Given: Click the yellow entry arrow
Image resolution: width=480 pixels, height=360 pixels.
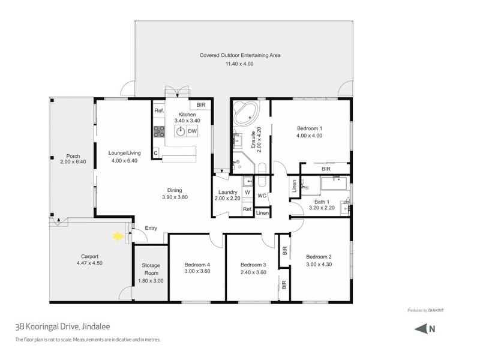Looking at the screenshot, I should [x=118, y=236].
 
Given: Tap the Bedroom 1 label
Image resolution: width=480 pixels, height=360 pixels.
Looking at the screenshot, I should [x=310, y=128].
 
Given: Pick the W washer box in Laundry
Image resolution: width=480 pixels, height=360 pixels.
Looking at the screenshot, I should [x=247, y=193].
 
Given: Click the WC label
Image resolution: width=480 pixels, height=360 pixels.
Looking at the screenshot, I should [x=262, y=196].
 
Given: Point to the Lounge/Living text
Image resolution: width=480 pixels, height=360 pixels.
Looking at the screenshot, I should [x=124, y=152].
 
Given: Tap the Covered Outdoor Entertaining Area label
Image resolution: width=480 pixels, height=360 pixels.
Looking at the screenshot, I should [x=240, y=55].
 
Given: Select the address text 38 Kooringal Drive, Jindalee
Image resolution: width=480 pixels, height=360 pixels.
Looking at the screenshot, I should [x=55, y=327].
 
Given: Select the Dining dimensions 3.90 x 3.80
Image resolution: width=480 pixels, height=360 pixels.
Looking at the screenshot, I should [x=175, y=197].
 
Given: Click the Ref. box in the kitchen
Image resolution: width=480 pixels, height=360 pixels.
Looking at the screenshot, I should [x=160, y=111].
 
